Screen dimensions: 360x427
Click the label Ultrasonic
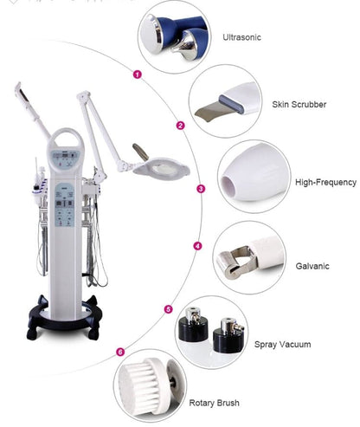[x=241, y=37]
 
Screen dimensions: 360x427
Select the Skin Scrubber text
[x=299, y=104]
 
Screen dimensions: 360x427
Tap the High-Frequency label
[x=325, y=182]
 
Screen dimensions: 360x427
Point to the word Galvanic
[x=312, y=266]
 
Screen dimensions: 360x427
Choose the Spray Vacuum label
[x=283, y=345]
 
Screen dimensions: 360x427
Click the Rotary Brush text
[x=214, y=403]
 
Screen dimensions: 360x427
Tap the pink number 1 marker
[x=138, y=74]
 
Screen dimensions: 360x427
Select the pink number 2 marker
[x=181, y=126]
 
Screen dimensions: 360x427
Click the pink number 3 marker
[x=201, y=189]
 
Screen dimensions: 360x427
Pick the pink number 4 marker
[x=197, y=246]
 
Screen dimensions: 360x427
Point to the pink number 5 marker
[x=169, y=309]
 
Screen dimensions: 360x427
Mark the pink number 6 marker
[x=120, y=352]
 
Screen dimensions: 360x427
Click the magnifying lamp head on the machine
[x=162, y=167]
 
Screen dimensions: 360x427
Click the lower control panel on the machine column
[x=65, y=204]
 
